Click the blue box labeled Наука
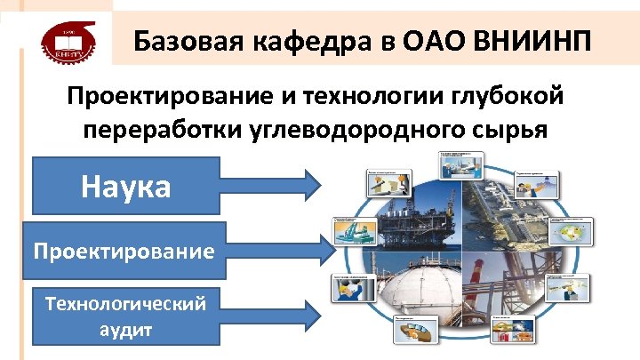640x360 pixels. tap(125, 186)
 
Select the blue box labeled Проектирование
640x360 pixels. tap(125, 251)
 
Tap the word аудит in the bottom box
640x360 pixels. tap(125, 329)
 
